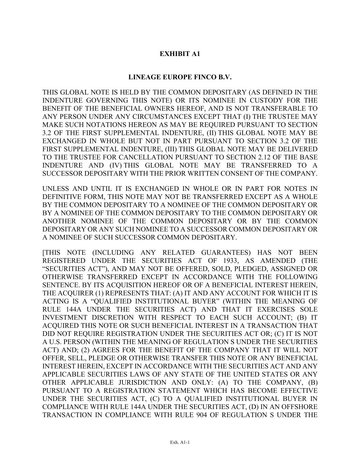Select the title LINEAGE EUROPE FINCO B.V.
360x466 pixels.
180,77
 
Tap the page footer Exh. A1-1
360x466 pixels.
180,442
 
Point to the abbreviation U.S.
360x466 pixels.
57,342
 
